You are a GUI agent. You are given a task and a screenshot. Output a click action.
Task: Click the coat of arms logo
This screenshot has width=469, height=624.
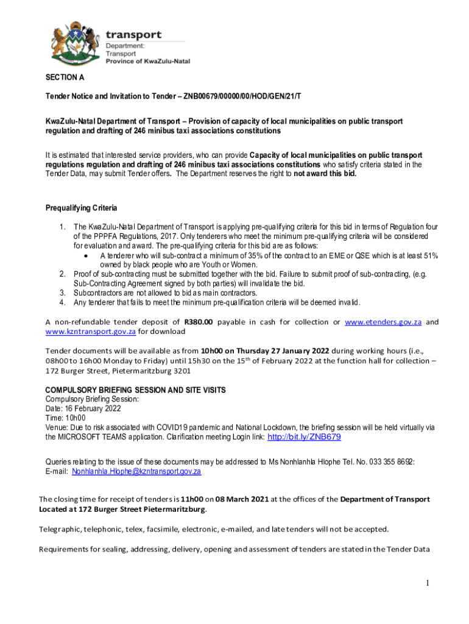[72, 43]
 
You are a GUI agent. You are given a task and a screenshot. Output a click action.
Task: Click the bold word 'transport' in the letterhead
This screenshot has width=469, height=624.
[134, 35]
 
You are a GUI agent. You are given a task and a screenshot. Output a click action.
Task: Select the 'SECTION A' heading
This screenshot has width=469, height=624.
[65, 77]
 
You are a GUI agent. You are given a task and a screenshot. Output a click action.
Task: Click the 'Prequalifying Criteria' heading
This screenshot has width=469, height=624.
[81, 207]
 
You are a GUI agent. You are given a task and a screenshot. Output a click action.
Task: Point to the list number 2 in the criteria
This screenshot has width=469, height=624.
[62, 275]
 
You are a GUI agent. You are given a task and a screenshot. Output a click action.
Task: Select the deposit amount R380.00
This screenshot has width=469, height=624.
[198, 322]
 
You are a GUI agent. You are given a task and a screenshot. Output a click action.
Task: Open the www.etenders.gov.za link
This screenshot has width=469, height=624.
[383, 322]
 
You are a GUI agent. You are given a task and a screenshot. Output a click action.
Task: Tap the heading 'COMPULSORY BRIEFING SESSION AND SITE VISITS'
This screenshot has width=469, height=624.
[136, 390]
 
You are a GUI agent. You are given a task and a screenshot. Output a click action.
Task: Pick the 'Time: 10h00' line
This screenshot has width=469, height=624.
[65, 418]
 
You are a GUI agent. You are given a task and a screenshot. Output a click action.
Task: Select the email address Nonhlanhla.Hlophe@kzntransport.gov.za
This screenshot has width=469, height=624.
[136, 471]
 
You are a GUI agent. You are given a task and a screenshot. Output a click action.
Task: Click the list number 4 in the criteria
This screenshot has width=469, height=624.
[62, 302]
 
